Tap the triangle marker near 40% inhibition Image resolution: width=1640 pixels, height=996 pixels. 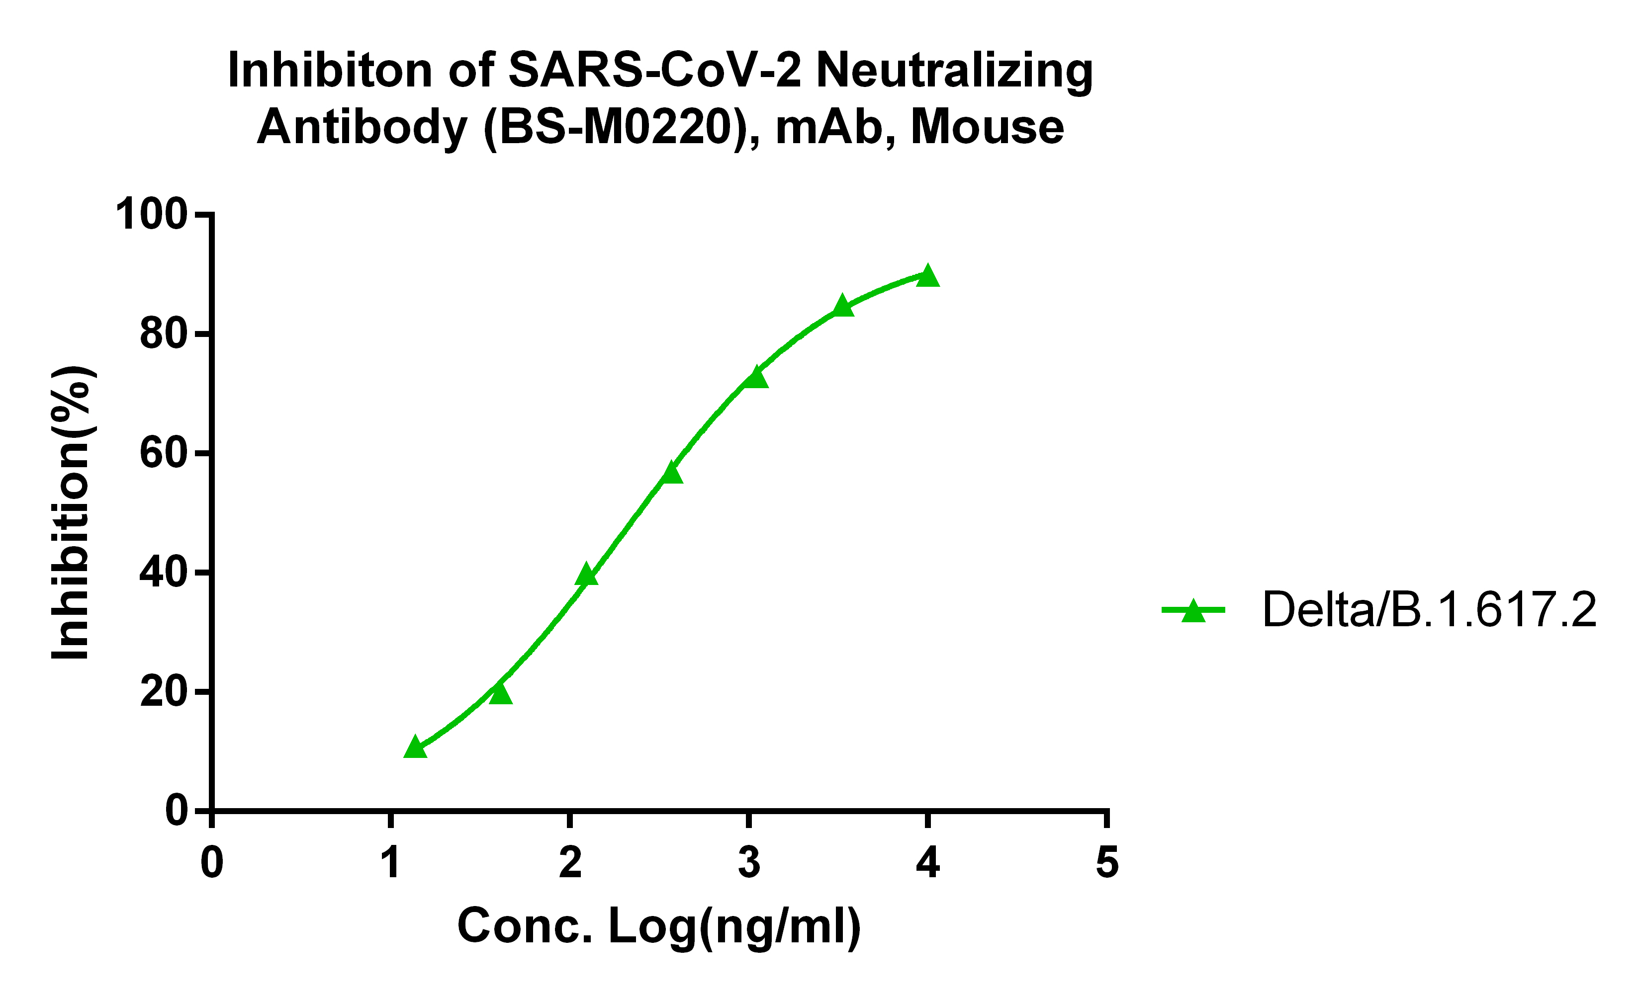point(586,574)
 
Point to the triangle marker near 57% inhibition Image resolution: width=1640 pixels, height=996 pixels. point(672,472)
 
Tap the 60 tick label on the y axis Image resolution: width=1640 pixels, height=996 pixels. point(164,453)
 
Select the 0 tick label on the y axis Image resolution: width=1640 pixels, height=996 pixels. point(177,811)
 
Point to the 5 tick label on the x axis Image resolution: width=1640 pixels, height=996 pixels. point(1107,862)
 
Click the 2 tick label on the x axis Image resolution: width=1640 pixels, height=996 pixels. point(570,862)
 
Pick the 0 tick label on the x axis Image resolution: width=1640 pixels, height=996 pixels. point(212,862)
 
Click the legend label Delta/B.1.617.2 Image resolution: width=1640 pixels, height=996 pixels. point(1429,609)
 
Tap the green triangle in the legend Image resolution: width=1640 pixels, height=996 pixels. point(1193,609)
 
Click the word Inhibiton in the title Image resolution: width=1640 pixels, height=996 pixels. point(330,70)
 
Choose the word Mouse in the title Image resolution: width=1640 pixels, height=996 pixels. point(987,126)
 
